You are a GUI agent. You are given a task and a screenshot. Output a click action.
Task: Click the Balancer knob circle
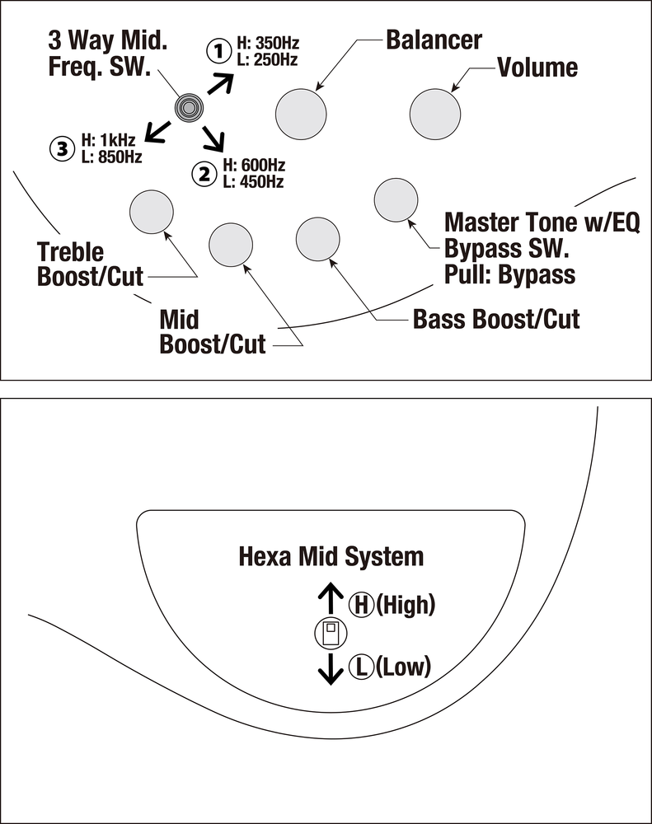(301, 114)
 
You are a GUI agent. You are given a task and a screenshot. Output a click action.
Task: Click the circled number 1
(218, 52)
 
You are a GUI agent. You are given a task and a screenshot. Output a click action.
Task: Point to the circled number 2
(203, 173)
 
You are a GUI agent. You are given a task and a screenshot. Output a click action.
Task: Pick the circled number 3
(61, 148)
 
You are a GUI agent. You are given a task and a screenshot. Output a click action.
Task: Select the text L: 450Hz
(252, 181)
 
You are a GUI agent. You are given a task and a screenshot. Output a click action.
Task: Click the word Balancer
(434, 40)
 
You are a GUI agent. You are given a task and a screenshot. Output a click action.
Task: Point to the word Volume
(537, 67)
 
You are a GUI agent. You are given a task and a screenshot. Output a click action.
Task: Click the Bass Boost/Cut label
(496, 318)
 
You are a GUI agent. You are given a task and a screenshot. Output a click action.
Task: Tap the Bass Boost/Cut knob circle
(317, 240)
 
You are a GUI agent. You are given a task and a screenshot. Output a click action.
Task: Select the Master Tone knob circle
(396, 200)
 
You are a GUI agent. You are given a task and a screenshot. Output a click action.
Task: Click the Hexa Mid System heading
(331, 556)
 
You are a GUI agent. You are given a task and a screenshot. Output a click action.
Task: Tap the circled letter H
(360, 606)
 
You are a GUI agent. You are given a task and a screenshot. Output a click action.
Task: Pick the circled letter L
(360, 666)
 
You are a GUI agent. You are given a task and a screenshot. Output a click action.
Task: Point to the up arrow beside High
(331, 599)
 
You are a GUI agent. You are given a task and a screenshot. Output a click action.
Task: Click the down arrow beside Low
(331, 668)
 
